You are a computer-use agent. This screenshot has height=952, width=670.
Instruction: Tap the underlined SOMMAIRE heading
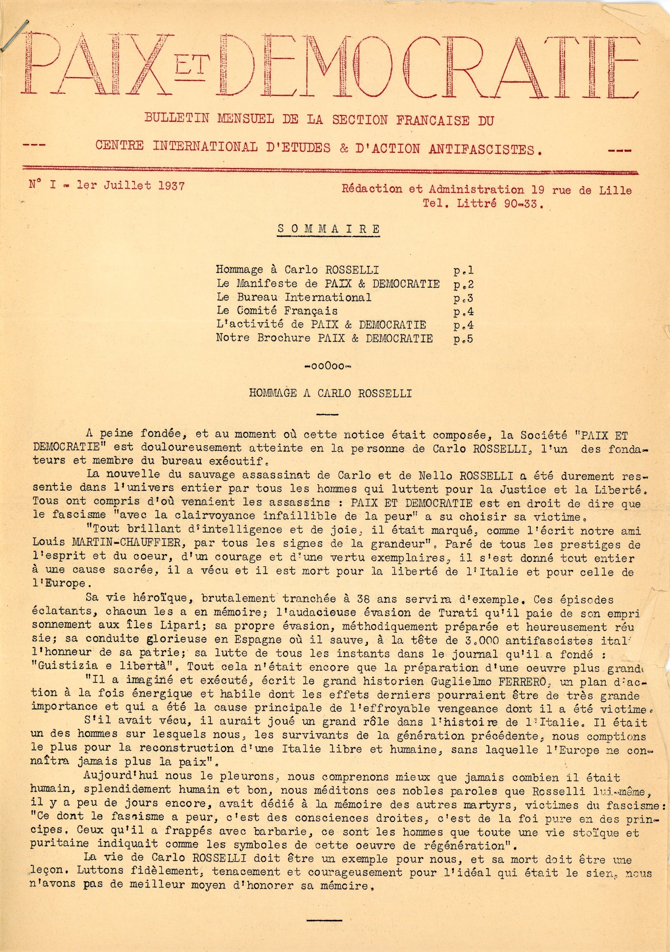click(328, 229)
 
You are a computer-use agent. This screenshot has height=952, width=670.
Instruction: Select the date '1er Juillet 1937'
click(131, 185)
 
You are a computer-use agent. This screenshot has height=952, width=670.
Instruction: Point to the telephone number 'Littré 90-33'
click(500, 204)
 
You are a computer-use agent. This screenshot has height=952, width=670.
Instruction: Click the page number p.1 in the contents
click(463, 271)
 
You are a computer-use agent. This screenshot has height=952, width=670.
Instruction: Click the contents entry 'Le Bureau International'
click(293, 297)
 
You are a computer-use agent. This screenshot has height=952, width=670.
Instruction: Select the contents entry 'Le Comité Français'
click(277, 311)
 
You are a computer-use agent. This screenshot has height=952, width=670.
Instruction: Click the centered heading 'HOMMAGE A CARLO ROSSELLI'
click(331, 393)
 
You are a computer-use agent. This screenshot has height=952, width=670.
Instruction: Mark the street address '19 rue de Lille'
click(581, 190)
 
